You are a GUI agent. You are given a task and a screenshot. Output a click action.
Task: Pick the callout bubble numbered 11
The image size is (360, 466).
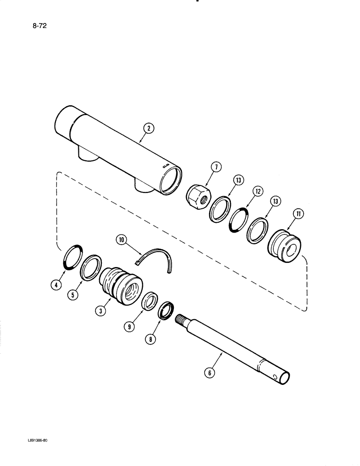(297, 215)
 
